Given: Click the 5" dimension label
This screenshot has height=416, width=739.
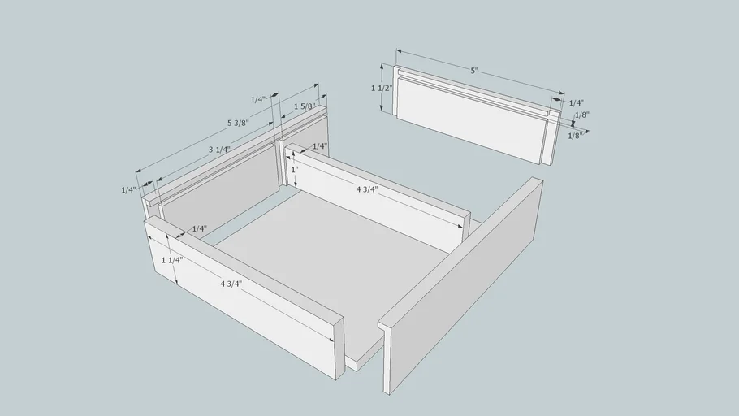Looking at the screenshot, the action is [474, 71].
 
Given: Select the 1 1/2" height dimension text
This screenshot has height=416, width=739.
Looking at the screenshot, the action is [382, 89].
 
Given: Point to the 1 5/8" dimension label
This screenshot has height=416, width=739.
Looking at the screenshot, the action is [304, 106].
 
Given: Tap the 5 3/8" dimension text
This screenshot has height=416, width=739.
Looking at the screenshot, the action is [238, 123].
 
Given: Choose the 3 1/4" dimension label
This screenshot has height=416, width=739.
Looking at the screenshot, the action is [219, 150].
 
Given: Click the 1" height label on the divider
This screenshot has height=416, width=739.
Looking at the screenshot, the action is [295, 169].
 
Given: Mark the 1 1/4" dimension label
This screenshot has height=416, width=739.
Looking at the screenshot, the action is [172, 260].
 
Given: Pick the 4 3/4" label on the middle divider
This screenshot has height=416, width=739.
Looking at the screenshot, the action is [367, 189].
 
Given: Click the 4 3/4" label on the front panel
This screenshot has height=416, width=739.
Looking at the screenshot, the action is [231, 284].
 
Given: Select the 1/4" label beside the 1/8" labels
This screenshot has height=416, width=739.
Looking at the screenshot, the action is [577, 103].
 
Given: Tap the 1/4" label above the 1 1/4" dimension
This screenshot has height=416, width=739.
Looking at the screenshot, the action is [199, 229].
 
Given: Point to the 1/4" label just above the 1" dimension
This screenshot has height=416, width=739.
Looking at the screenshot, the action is [319, 146].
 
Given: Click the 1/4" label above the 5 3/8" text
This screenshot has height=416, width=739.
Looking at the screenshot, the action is [257, 99].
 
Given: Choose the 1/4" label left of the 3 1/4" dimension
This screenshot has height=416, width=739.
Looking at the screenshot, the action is [128, 190].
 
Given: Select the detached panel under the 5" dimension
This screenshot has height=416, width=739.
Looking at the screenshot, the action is [476, 115].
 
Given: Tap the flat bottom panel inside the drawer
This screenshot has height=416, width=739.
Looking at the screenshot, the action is [330, 264].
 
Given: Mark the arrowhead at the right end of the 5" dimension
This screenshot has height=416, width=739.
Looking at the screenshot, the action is [561, 93].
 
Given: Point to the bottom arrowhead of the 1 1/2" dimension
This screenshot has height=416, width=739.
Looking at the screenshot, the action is [382, 109].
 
